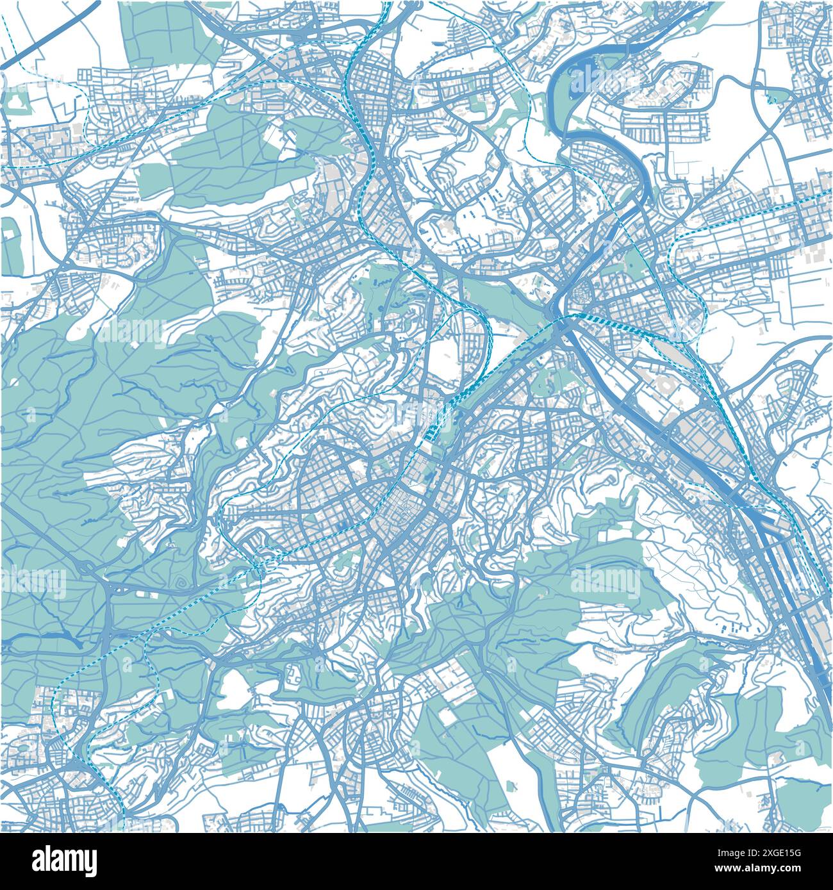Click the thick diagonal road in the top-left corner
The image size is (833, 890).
point(51,32)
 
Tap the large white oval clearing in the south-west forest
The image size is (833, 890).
point(234,692)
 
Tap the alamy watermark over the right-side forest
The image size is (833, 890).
point(606,581)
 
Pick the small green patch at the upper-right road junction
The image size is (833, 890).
point(775,96)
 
